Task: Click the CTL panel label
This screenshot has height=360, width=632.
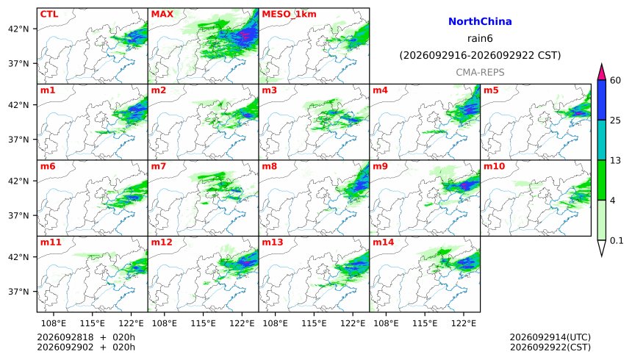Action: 49,14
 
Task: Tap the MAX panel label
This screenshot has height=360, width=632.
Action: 162,14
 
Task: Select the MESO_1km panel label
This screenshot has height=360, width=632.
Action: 289,15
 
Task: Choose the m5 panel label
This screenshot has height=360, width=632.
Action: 491,90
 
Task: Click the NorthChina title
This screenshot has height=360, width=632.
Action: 480,21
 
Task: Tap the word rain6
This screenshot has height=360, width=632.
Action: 480,38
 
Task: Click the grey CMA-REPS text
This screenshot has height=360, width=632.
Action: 480,72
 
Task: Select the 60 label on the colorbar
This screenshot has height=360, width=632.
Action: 615,80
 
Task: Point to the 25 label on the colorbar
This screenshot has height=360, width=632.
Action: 615,120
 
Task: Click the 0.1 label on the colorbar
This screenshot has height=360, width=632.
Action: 617,241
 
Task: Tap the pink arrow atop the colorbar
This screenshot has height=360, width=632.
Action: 602,73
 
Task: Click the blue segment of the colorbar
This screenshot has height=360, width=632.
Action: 602,100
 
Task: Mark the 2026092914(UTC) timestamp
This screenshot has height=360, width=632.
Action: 550,337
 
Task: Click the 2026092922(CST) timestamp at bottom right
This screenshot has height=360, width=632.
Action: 550,347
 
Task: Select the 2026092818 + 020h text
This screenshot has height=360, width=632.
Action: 86,337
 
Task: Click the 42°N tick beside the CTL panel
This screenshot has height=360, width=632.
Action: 18,29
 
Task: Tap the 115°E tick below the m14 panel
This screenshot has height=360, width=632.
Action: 425,323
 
